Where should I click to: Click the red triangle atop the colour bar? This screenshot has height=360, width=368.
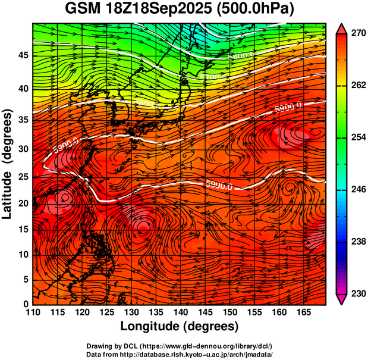pos(341,28)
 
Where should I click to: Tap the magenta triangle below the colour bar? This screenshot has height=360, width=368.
pos(341,299)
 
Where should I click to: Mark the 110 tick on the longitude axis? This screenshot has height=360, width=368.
pos(33,312)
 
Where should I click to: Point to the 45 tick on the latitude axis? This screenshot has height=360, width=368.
pos(22,55)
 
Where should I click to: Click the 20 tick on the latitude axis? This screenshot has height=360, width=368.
pos(22,202)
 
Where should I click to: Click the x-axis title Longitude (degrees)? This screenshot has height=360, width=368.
pos(180,325)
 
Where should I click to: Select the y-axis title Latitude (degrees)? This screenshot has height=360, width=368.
pos(9,164)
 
